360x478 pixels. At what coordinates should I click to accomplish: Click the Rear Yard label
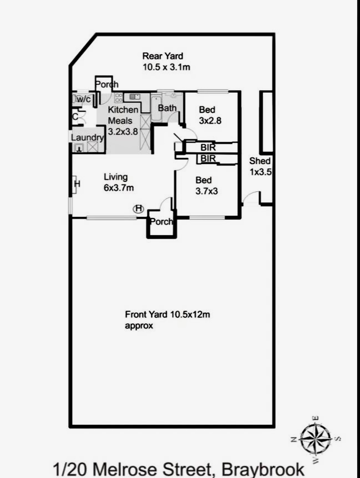(x=163, y=56)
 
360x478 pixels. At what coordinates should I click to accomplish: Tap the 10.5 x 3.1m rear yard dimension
(x=166, y=67)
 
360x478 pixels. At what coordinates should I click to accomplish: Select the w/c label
(x=84, y=99)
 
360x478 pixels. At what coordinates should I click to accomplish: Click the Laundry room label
(x=87, y=138)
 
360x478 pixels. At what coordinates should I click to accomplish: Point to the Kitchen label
(x=123, y=110)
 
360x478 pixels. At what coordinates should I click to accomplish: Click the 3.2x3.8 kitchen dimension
(x=123, y=132)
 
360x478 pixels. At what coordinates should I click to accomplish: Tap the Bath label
(x=167, y=108)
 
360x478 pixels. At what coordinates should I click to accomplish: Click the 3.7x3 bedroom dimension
(x=206, y=191)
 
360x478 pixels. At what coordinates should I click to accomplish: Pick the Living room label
(x=116, y=177)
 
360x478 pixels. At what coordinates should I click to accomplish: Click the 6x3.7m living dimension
(x=119, y=188)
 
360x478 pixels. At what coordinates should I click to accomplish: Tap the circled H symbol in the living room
(x=139, y=209)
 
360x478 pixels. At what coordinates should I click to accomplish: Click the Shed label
(x=260, y=161)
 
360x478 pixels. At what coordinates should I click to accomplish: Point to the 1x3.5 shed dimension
(x=260, y=172)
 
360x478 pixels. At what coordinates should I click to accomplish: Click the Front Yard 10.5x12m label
(x=167, y=314)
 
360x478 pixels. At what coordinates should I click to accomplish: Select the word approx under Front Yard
(x=139, y=326)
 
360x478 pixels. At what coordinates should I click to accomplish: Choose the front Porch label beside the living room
(x=162, y=222)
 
